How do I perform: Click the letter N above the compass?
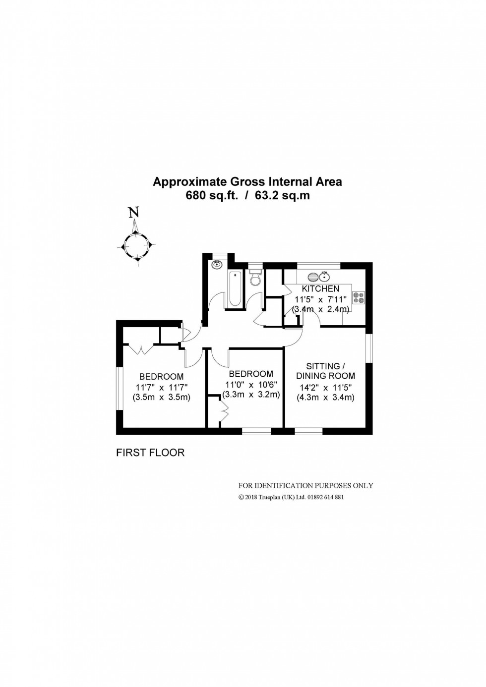point(133,213)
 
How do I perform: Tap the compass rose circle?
point(137,244)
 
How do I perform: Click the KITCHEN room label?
point(321,288)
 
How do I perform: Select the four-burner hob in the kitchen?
point(358,297)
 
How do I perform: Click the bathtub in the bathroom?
point(234,289)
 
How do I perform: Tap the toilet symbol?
point(255,279)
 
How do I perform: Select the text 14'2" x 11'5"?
point(325,388)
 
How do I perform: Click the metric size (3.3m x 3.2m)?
point(251,395)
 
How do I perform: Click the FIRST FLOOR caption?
point(150,453)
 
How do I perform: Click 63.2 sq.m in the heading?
point(282,195)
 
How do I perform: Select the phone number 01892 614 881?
point(322,497)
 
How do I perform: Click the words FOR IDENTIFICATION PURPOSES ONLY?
point(305,486)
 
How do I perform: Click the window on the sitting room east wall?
point(369,349)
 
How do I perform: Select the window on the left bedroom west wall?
point(119,388)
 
